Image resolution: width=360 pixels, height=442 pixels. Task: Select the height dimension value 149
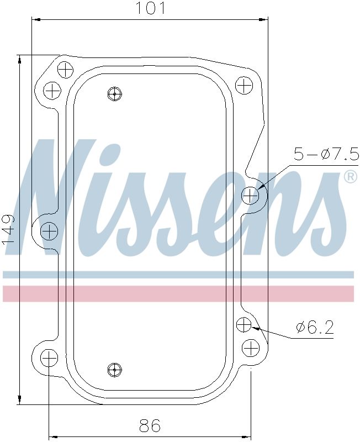click(x=8, y=229)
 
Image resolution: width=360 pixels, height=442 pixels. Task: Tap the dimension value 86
click(x=150, y=426)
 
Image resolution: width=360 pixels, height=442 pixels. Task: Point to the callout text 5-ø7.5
click(x=326, y=154)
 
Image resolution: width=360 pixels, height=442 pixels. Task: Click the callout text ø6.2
click(x=315, y=328)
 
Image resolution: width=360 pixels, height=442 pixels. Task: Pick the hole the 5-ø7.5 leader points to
click(x=251, y=195)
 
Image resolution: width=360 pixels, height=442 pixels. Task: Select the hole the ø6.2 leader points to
click(x=244, y=325)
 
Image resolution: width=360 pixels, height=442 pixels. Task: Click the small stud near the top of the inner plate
click(x=114, y=94)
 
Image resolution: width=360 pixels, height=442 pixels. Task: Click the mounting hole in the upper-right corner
click(x=244, y=85)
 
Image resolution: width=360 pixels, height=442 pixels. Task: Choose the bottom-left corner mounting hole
click(x=49, y=358)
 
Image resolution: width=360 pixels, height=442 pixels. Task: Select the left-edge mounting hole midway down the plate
click(x=50, y=230)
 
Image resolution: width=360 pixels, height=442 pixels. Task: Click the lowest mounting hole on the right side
click(x=251, y=348)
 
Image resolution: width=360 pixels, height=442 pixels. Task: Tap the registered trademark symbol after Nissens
click(x=350, y=177)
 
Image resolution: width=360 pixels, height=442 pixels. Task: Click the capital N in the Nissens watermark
click(x=61, y=199)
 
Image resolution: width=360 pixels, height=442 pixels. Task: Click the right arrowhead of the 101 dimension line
click(x=266, y=20)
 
